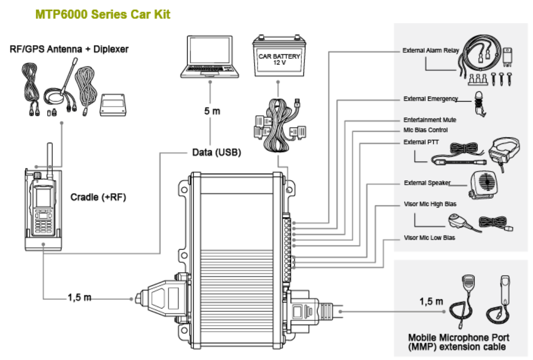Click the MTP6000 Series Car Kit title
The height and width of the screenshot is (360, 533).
click(x=103, y=14)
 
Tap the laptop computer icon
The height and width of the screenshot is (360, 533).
click(x=210, y=56)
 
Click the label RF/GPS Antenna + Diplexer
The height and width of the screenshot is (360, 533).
click(x=69, y=49)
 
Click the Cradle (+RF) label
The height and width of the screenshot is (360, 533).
click(x=98, y=197)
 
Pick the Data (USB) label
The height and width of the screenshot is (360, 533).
click(x=216, y=152)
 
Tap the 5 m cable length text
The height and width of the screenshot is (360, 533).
click(x=212, y=111)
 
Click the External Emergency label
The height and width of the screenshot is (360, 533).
click(x=430, y=99)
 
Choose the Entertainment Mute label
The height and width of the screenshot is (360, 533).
click(x=430, y=120)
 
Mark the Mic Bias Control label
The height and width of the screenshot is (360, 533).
click(x=426, y=130)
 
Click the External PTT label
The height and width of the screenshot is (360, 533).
click(x=421, y=142)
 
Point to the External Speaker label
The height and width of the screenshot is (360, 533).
click(x=427, y=183)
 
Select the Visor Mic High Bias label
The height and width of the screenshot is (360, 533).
click(x=430, y=204)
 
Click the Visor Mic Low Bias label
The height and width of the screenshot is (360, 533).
click(x=429, y=237)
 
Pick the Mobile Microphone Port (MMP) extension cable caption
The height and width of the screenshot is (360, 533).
click(x=458, y=342)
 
